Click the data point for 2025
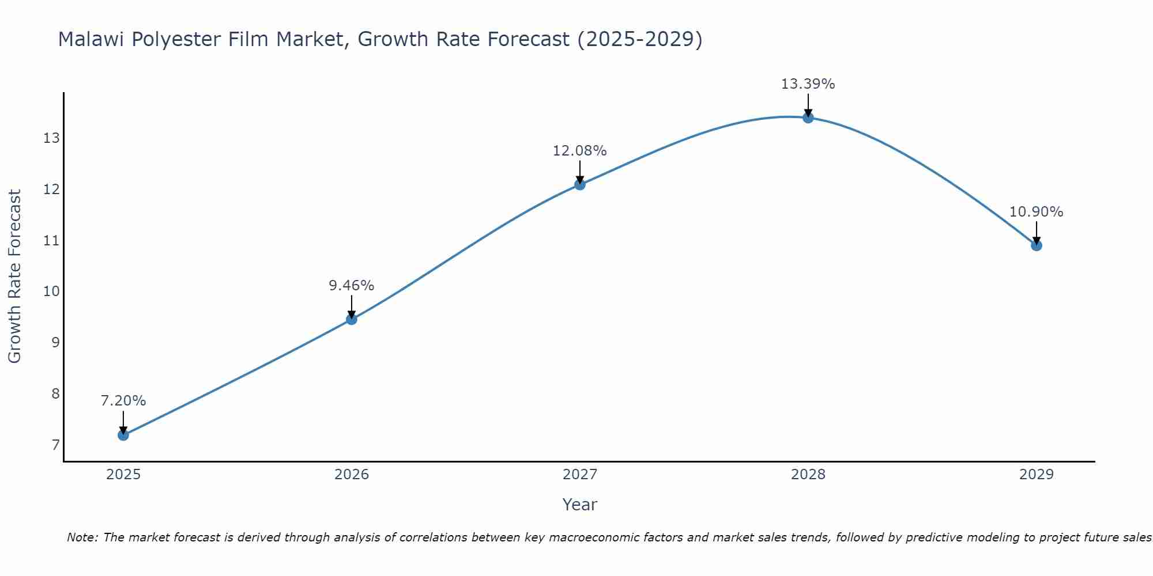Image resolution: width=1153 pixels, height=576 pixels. tap(123, 435)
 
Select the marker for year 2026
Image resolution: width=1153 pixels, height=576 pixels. tap(352, 319)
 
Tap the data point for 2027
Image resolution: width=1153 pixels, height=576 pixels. tap(580, 184)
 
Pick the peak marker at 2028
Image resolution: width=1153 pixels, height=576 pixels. tap(808, 118)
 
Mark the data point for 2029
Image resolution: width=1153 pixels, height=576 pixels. tap(1037, 245)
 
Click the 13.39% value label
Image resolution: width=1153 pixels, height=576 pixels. tap(808, 84)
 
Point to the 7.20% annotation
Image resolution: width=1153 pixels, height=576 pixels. tap(123, 401)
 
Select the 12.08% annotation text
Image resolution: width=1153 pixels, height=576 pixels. tap(579, 151)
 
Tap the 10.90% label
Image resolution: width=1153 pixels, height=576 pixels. tap(1036, 212)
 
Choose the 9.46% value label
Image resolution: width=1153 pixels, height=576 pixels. tap(352, 286)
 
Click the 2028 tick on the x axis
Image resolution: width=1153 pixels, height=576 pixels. tap(808, 475)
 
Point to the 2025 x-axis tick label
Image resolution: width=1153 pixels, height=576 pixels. tap(123, 475)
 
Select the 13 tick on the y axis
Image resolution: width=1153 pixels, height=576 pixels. tap(51, 138)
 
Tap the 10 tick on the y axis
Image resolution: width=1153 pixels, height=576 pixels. tap(51, 291)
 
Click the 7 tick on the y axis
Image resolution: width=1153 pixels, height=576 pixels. tap(55, 445)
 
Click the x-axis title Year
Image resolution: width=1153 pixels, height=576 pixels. tap(579, 505)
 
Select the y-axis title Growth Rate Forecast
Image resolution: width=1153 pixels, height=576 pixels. tap(14, 276)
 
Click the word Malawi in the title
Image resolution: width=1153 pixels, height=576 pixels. tap(92, 39)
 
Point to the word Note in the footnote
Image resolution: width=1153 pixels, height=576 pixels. tap(82, 537)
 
